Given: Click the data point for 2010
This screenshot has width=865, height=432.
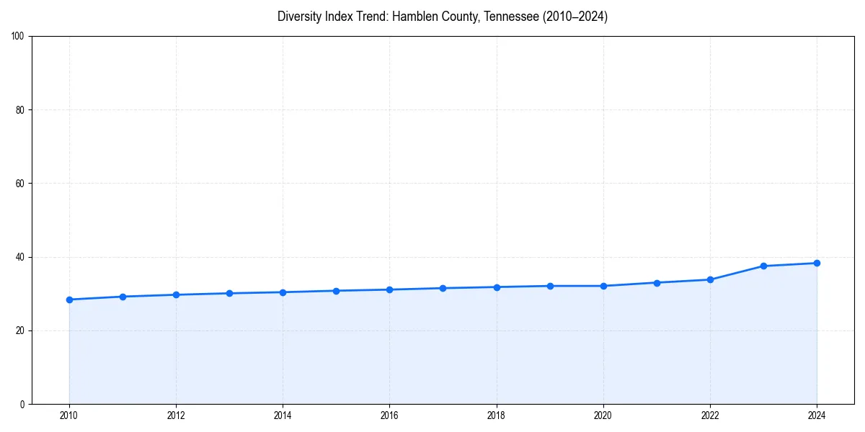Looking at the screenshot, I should pyautogui.click(x=69, y=300).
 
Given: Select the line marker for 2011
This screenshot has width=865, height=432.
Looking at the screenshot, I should pyautogui.click(x=123, y=297).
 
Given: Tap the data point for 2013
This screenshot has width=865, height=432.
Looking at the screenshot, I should pyautogui.click(x=229, y=293).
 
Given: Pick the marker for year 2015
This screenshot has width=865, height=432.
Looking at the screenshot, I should pyautogui.click(x=336, y=291).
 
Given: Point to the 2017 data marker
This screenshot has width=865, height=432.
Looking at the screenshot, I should pyautogui.click(x=443, y=288).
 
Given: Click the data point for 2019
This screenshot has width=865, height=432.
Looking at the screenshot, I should pyautogui.click(x=550, y=286).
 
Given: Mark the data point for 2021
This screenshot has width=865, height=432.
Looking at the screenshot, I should pyautogui.click(x=657, y=282).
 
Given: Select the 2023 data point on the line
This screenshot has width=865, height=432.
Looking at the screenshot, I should pyautogui.click(x=763, y=266).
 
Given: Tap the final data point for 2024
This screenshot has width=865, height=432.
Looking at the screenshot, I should pyautogui.click(x=817, y=263).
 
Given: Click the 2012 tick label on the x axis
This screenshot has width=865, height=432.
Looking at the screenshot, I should pyautogui.click(x=176, y=415).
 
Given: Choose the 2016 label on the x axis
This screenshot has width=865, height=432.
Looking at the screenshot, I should pyautogui.click(x=389, y=415).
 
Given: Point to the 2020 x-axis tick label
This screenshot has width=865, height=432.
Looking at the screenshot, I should pyautogui.click(x=603, y=415).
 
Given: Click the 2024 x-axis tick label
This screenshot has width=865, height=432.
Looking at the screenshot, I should pyautogui.click(x=817, y=415).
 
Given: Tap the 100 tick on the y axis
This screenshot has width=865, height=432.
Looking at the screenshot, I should pyautogui.click(x=18, y=37).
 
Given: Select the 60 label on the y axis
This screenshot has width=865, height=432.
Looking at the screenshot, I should pyautogui.click(x=20, y=184).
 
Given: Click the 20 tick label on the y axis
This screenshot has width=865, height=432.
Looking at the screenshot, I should pyautogui.click(x=20, y=330).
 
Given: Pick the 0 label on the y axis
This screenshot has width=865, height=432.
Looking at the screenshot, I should pyautogui.click(x=22, y=404).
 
